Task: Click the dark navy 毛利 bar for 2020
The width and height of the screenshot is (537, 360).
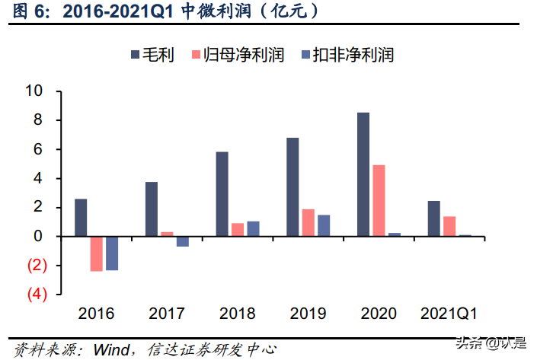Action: (x=363, y=174)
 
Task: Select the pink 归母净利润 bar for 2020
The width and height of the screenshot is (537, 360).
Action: (x=379, y=201)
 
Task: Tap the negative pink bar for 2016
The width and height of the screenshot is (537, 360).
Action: (x=96, y=253)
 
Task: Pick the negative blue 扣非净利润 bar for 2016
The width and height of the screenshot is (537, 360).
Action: (x=112, y=253)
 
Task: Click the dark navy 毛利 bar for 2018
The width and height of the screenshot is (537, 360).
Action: (x=222, y=194)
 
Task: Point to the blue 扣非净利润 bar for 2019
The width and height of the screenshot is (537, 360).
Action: (x=324, y=225)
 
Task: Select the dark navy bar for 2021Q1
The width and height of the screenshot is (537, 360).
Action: (x=433, y=218)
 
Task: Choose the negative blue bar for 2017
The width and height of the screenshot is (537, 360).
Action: (x=183, y=241)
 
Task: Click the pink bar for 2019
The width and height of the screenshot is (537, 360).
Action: (x=308, y=222)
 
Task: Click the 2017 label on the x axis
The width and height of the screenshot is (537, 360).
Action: (x=166, y=313)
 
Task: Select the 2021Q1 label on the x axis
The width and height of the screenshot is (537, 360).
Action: (x=449, y=313)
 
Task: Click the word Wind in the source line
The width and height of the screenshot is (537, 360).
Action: (x=111, y=349)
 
